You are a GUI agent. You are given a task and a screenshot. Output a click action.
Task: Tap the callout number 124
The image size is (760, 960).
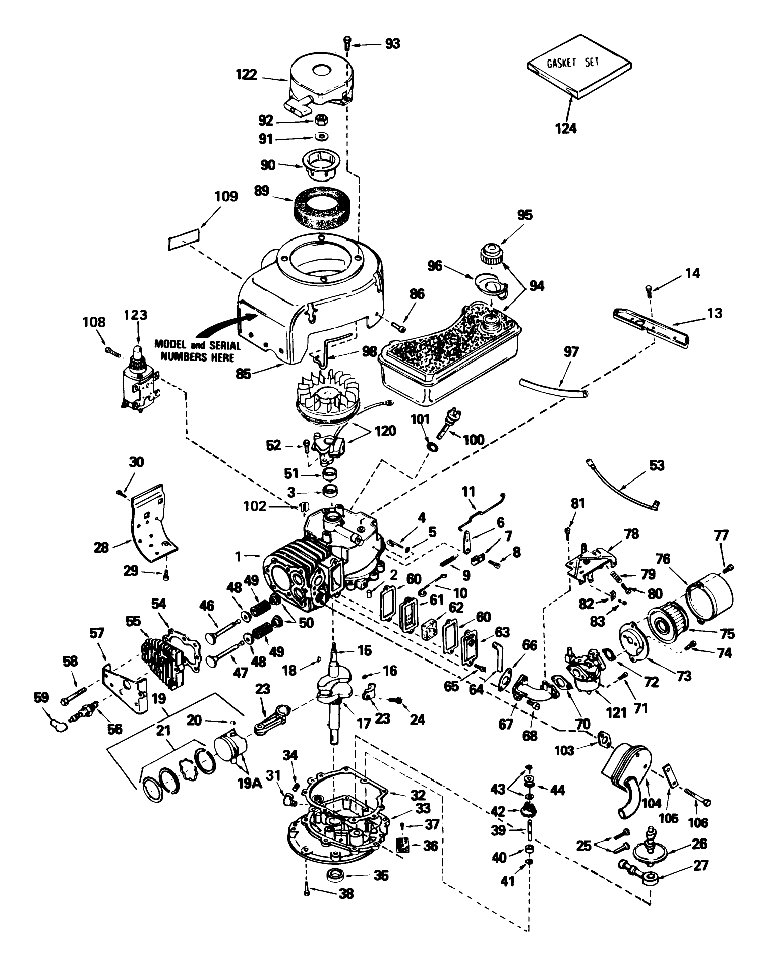click(565, 128)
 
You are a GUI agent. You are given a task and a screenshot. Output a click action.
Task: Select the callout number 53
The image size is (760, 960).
click(657, 465)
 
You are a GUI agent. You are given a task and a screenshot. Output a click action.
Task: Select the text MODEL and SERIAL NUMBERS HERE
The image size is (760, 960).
click(197, 351)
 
